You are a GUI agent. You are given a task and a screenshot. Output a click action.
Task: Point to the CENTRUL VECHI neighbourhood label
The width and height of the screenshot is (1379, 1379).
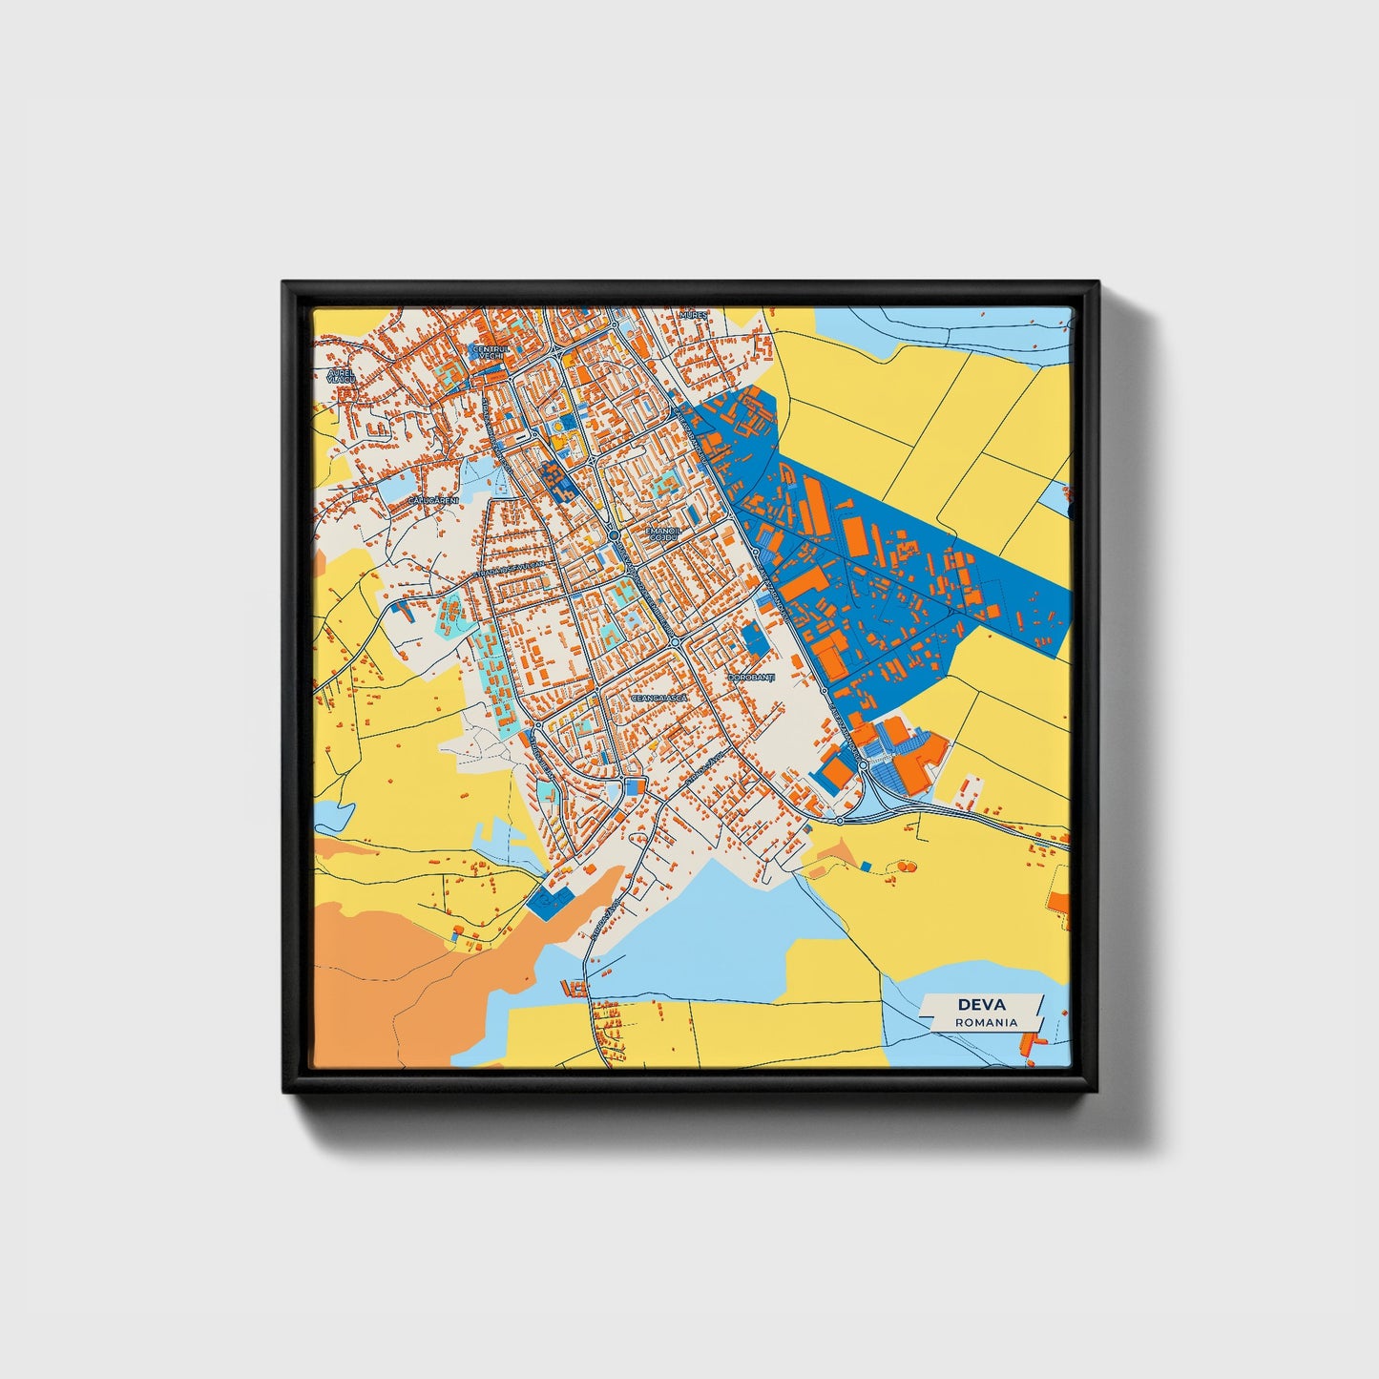coord(491,352)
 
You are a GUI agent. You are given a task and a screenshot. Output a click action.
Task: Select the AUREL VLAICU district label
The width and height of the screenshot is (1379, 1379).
coord(341,375)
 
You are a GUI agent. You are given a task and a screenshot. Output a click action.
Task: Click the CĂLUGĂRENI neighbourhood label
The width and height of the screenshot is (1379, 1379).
coord(434,501)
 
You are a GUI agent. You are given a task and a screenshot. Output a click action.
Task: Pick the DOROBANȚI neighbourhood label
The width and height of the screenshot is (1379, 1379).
coord(752,678)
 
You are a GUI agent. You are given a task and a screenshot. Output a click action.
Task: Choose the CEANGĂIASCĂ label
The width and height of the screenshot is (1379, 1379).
coord(659,698)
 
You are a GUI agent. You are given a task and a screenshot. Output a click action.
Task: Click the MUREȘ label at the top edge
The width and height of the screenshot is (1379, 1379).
coord(693,314)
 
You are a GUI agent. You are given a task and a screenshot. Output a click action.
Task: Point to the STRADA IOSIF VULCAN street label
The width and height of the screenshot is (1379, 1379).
coord(512,570)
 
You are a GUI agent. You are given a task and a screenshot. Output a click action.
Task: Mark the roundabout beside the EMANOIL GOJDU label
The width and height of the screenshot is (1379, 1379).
coord(614,536)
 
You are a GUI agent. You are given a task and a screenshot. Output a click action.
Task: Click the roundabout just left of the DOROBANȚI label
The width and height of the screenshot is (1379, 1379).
coord(675,642)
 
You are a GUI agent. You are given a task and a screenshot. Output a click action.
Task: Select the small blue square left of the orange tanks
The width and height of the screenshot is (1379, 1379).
coord(866,866)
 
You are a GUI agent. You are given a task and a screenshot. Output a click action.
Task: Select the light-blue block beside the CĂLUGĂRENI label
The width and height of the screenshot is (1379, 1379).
coord(393,489)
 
